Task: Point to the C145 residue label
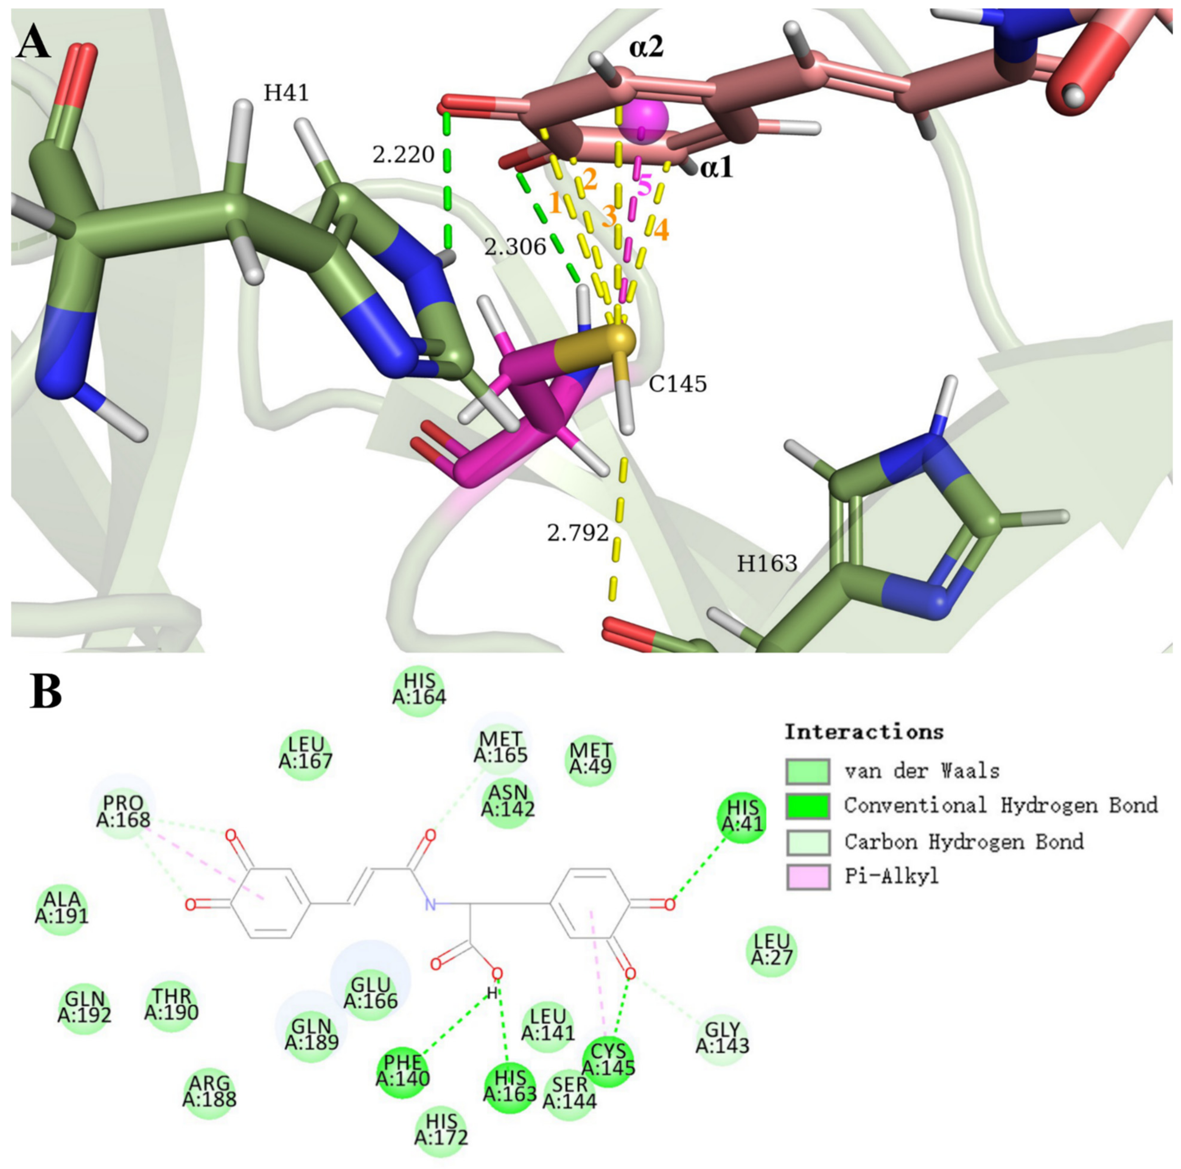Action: coord(677,384)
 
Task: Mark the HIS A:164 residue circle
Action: coord(419,688)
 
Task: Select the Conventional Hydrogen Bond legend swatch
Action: coord(807,806)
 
